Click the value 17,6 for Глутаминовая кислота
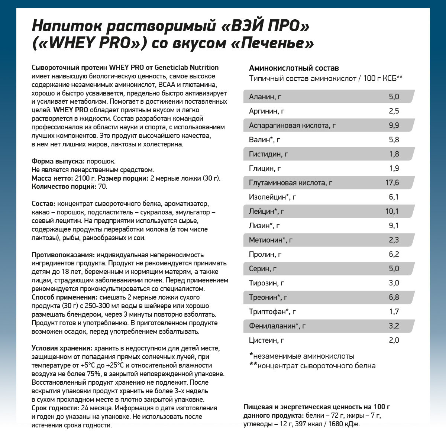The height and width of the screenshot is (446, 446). [392, 182]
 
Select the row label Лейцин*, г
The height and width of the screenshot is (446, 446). [266, 211]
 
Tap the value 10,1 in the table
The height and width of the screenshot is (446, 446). [392, 211]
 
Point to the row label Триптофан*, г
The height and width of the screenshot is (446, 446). [272, 312]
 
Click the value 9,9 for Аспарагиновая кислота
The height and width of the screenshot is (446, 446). [394, 125]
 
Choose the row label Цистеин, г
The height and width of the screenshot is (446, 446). [266, 340]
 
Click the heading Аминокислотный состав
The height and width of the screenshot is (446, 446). [294, 68]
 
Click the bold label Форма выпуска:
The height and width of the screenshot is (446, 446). [58, 161]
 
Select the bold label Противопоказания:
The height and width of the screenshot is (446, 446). [62, 255]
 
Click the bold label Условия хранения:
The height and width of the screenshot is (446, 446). [62, 348]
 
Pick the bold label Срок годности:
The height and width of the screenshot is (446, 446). [55, 408]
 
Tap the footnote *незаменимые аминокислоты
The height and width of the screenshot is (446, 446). [302, 356]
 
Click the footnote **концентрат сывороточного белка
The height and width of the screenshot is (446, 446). [312, 366]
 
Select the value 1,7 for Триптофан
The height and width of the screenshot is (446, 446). [394, 312]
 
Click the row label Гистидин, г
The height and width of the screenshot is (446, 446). [268, 154]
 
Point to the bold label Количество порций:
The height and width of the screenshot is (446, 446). [64, 187]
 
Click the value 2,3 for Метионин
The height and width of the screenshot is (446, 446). [394, 240]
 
